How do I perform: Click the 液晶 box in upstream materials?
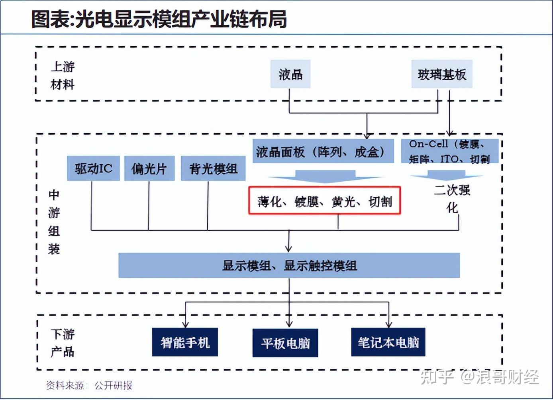(290, 74)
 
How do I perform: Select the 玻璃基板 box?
(441, 74)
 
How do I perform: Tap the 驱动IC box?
(93, 169)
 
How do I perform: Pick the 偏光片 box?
(149, 169)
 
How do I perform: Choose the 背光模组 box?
(213, 169)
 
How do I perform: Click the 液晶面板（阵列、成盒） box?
(323, 151)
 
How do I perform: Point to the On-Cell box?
(449, 151)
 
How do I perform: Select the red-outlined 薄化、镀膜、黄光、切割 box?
(324, 201)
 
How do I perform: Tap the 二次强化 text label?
(452, 198)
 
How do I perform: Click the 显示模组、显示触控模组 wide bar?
(289, 265)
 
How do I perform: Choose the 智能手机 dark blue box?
(185, 342)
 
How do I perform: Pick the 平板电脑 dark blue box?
(285, 343)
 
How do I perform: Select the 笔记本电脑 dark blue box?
(388, 342)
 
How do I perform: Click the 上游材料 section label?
(63, 75)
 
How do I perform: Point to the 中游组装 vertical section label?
(54, 222)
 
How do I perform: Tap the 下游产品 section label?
(63, 343)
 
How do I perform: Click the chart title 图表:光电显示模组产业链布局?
(159, 19)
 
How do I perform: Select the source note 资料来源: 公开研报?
(89, 385)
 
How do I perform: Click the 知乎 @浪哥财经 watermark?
(480, 376)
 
